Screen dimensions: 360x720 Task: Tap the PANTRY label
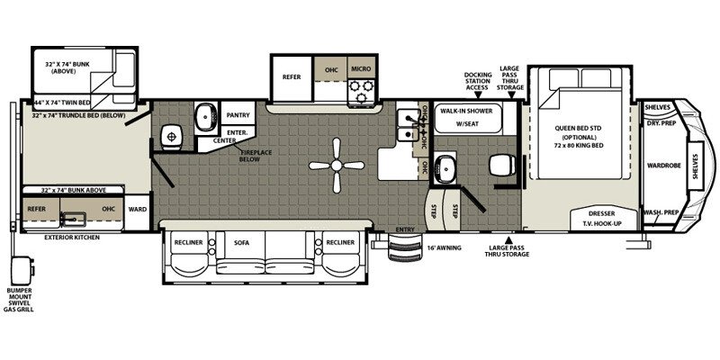238,115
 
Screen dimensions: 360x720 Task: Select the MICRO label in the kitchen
362,68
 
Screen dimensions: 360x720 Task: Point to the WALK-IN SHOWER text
463,113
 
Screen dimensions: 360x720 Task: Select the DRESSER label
601,213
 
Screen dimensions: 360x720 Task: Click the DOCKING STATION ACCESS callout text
478,81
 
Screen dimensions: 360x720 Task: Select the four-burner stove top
361,89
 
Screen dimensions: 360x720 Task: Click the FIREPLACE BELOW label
257,159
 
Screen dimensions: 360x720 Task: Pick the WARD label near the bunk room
137,209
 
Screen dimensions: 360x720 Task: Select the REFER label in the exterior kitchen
36,208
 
